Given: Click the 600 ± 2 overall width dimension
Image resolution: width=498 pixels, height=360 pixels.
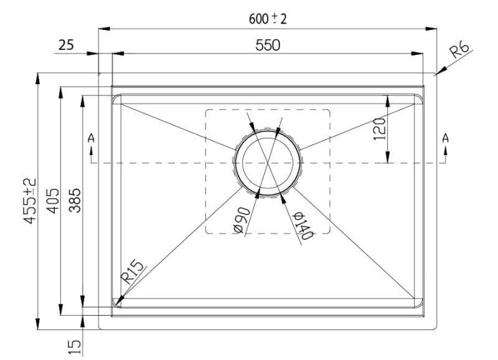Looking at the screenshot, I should pyautogui.click(x=268, y=19).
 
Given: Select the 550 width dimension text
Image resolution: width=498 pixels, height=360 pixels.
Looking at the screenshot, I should pyautogui.click(x=268, y=45).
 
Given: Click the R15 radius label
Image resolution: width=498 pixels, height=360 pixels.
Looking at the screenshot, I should pyautogui.click(x=133, y=273).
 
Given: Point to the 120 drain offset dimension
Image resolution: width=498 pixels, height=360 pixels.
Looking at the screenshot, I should pyautogui.click(x=380, y=128).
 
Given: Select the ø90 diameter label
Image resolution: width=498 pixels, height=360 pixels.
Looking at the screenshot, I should pyautogui.click(x=242, y=220).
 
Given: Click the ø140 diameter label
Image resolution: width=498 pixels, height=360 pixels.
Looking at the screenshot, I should pyautogui.click(x=301, y=225).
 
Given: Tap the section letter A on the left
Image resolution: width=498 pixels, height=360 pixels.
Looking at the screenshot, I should pyautogui.click(x=92, y=138).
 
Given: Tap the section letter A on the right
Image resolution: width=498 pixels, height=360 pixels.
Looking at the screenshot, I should pyautogui.click(x=445, y=138).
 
